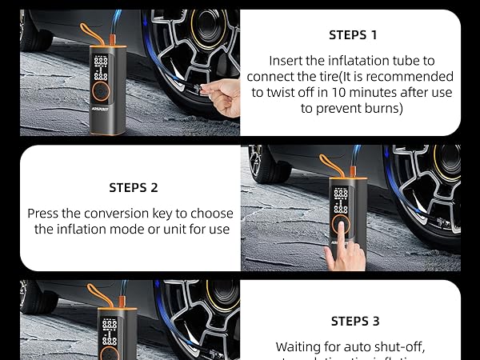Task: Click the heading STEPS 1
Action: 353,35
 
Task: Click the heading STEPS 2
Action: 134,188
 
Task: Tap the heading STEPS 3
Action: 354,321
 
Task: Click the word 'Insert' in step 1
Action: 287,61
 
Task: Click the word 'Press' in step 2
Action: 46,214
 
